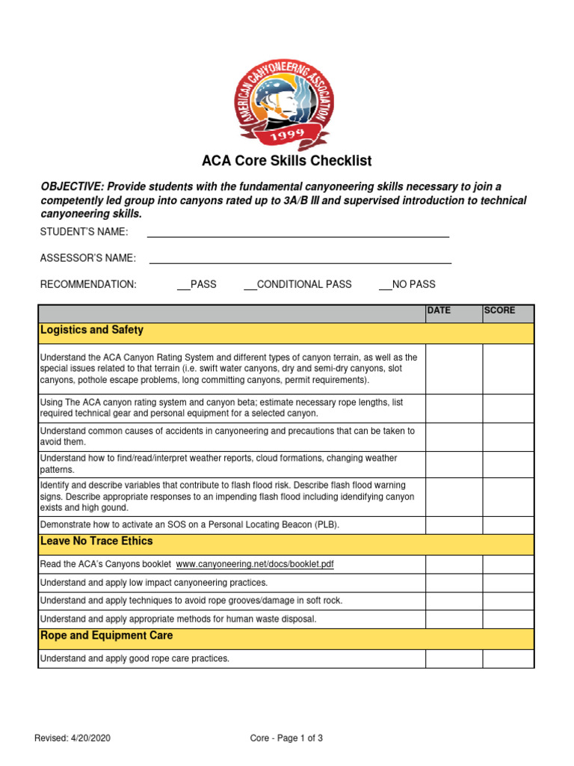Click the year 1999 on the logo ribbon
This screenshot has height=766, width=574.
point(286,134)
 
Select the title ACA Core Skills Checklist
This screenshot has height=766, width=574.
point(286,161)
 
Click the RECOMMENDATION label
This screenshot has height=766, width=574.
point(88,284)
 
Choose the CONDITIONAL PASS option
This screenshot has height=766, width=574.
point(297,284)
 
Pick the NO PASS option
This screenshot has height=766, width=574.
point(407,284)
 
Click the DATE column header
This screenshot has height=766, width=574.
point(439,310)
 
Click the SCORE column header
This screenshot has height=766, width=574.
point(499,310)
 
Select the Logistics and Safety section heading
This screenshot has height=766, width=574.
point(92,330)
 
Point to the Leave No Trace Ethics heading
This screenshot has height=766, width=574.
point(96,541)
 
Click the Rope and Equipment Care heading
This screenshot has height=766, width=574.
point(106,635)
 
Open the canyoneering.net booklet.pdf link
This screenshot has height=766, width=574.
point(254,564)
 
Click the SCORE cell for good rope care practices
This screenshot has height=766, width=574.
point(507,658)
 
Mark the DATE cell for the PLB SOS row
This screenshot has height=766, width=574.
point(454,525)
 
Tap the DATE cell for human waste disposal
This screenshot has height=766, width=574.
point(454,619)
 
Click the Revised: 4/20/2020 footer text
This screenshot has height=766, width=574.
point(72,738)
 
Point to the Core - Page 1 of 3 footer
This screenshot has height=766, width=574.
point(286,738)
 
